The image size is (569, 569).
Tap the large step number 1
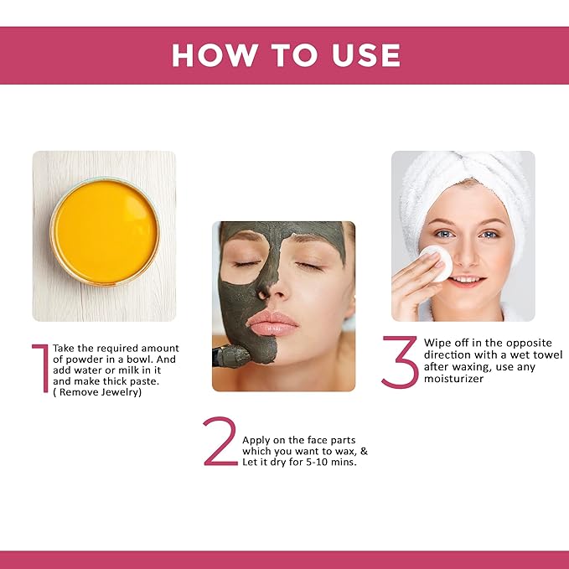[x=39, y=368]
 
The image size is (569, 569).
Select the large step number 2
[x=220, y=442]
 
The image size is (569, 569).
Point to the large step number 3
[x=400, y=361]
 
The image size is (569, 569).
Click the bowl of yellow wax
[x=104, y=231]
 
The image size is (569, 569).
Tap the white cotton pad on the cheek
[x=436, y=262]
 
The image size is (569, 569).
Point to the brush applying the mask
[x=231, y=358]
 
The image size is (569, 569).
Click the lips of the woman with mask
[x=273, y=323]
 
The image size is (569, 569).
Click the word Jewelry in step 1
[x=120, y=392]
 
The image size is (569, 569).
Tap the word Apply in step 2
[x=257, y=439]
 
